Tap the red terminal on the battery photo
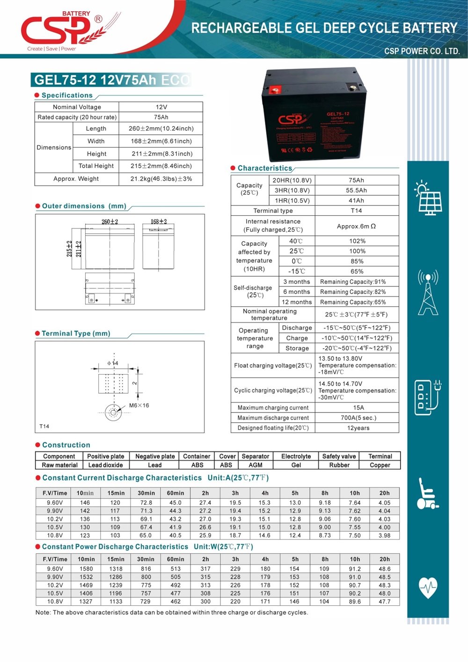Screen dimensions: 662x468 [276, 87]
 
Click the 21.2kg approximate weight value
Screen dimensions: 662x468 [161, 179]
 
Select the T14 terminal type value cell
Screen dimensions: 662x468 [357, 211]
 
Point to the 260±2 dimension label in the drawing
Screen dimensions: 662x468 [110, 221]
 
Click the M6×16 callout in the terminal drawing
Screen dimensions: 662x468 [139, 405]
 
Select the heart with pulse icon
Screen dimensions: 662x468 [428, 587]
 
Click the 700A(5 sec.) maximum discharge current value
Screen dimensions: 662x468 [358, 418]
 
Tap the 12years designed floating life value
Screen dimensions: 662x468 [358, 428]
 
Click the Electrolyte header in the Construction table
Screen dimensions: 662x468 [296, 456]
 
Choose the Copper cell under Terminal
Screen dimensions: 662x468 [380, 465]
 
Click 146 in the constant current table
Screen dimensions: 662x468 [85, 503]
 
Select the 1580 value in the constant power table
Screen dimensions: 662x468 [86, 569]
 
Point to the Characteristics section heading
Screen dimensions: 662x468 [264, 168]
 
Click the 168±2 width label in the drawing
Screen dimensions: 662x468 [159, 221]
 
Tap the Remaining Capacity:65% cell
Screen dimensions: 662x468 [353, 302]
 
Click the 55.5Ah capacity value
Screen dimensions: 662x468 [357, 191]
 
